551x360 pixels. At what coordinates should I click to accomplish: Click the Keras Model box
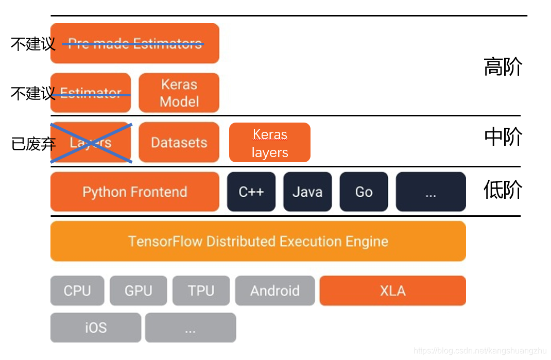(x=179, y=93)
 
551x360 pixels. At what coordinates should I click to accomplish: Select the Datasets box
(x=179, y=142)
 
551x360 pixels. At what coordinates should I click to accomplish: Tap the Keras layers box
(x=269, y=143)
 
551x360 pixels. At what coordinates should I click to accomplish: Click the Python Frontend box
(x=134, y=192)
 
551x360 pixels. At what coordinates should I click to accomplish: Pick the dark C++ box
(x=251, y=192)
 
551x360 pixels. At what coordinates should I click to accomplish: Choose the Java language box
(x=307, y=192)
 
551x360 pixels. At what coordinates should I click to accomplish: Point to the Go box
(x=364, y=192)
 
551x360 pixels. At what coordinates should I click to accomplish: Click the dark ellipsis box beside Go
(x=431, y=192)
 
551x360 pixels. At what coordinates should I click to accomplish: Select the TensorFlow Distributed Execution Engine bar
(x=258, y=241)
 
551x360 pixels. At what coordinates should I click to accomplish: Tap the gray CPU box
(x=77, y=290)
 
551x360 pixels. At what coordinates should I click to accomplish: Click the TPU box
(x=201, y=290)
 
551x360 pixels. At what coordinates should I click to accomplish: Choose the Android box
(x=274, y=290)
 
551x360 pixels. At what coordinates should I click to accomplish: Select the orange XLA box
(x=392, y=290)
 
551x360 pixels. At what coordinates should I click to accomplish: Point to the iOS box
(x=95, y=328)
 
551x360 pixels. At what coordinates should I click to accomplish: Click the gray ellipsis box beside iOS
(x=190, y=328)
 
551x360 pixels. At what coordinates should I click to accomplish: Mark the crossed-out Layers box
(x=91, y=142)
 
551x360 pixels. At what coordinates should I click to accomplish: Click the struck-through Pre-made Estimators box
(x=134, y=43)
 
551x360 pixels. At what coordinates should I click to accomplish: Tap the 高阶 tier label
(x=503, y=67)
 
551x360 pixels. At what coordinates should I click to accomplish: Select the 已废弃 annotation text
(x=33, y=144)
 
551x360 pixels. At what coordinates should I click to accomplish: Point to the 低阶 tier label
(x=503, y=191)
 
